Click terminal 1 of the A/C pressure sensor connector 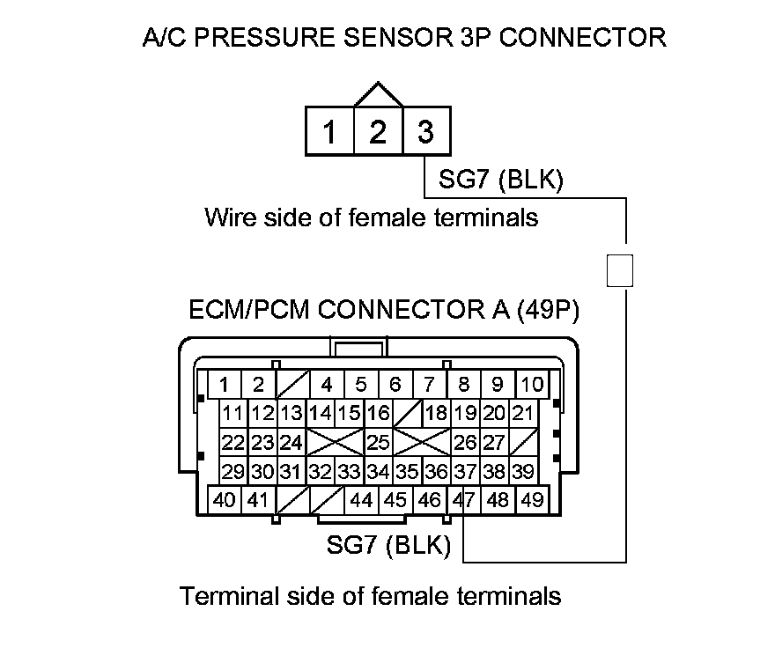[329, 132]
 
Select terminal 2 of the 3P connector [378, 132]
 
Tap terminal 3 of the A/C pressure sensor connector [425, 132]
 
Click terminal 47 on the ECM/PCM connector [463, 500]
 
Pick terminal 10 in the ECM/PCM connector [532, 384]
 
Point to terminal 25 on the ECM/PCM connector [378, 442]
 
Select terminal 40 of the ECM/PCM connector [225, 500]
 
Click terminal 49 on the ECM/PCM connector [531, 500]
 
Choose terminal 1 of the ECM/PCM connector [225, 384]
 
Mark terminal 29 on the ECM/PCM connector [233, 472]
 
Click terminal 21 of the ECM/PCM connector [522, 413]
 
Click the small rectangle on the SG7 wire [621, 270]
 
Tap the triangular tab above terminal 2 [378, 95]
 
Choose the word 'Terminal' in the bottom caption [231, 596]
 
